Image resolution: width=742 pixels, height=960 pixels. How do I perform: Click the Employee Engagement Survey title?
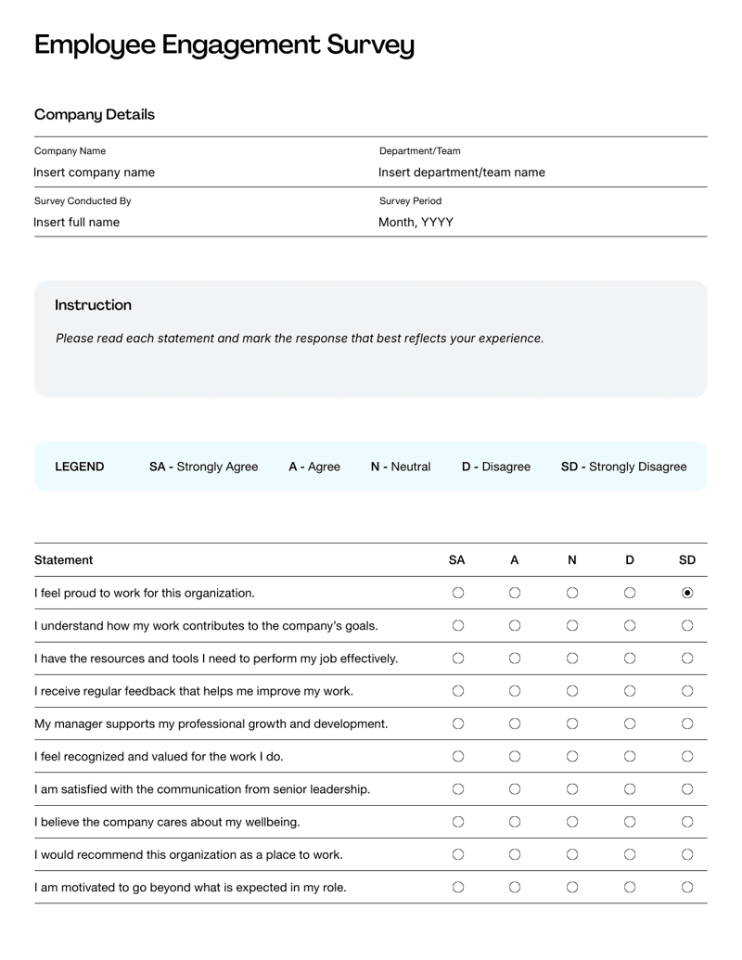tap(224, 45)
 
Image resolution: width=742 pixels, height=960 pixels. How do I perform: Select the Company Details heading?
tap(95, 115)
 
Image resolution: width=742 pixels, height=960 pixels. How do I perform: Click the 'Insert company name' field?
tap(94, 173)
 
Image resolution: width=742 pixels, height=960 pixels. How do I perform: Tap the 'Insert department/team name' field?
tap(461, 173)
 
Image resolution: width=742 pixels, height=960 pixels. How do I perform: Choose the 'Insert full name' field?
tap(76, 222)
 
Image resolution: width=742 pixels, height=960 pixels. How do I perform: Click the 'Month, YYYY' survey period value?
tap(416, 222)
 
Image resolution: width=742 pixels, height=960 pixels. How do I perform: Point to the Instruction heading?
tap(93, 305)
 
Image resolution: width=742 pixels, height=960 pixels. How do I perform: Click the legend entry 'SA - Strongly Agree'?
tap(203, 467)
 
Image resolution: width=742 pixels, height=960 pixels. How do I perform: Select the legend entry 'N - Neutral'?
tap(400, 467)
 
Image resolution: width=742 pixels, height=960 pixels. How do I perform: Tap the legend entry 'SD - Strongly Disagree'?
tap(623, 467)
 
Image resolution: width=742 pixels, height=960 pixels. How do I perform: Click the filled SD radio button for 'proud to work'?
tap(687, 593)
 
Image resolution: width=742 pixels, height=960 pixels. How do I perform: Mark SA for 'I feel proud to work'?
tap(457, 593)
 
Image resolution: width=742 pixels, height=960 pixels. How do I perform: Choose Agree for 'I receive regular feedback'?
tap(515, 691)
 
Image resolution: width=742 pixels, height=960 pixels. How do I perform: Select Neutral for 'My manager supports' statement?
tap(572, 723)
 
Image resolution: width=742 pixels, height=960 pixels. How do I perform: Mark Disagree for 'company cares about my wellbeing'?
tap(630, 822)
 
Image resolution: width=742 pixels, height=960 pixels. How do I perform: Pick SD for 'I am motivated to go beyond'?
tap(687, 888)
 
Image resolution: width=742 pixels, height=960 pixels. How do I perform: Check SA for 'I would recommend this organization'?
tap(457, 854)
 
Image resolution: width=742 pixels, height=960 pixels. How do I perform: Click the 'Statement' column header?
tap(63, 560)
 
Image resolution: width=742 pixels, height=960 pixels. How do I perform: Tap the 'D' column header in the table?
tap(630, 560)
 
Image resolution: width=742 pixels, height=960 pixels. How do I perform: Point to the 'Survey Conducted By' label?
tap(83, 201)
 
